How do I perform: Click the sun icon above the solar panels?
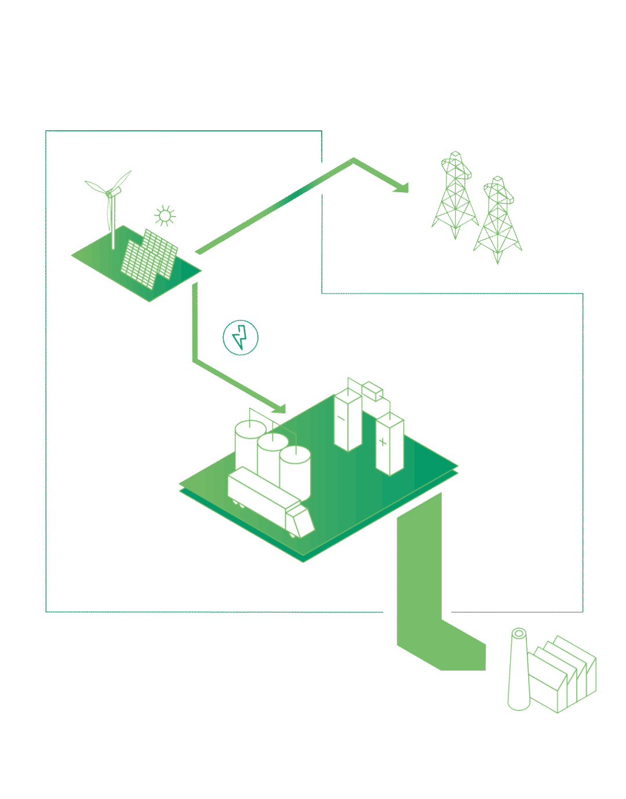[165, 216]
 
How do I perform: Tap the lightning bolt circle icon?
[241, 337]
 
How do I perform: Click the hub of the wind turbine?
[110, 193]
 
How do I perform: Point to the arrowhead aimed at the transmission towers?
[402, 188]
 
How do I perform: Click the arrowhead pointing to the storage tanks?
[279, 408]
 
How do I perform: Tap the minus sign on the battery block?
[341, 417]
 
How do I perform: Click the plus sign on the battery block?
[382, 442]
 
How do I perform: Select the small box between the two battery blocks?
[372, 391]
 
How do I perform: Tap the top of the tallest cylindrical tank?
[250, 428]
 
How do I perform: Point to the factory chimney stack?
[518, 672]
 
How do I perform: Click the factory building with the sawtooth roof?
[562, 677]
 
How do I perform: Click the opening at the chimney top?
[519, 633]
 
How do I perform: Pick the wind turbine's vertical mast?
[113, 223]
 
